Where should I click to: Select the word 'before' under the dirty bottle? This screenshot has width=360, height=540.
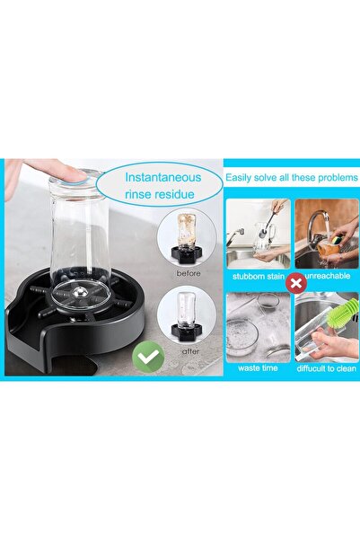189,272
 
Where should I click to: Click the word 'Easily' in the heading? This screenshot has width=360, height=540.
241,178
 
